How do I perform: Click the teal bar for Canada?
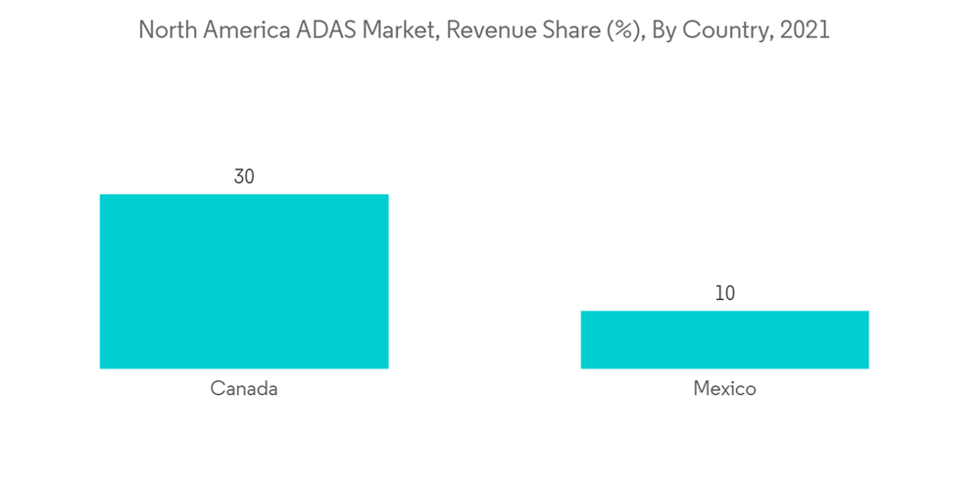(244, 281)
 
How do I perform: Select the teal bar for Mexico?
(724, 339)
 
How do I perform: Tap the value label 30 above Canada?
(244, 177)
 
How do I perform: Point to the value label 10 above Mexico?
(724, 293)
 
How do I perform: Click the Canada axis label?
(244, 389)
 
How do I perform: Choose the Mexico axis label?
(724, 389)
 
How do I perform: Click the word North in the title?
(166, 30)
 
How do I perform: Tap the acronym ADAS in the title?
(325, 30)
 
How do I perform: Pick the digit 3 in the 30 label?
(238, 177)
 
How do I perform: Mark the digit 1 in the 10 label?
(718, 293)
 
